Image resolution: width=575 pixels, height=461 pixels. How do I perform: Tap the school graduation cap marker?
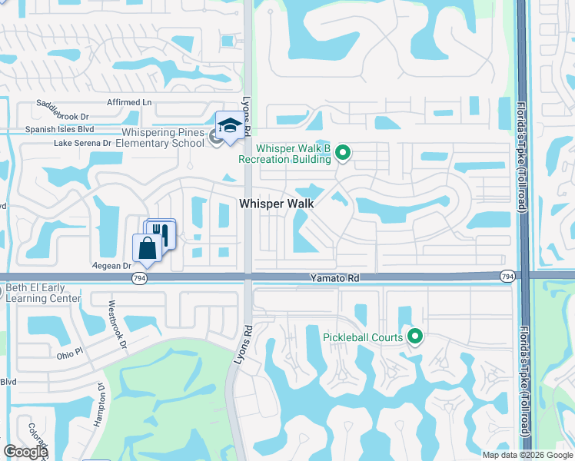pyautogui.click(x=229, y=125)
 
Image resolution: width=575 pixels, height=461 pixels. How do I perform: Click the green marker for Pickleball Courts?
pyautogui.click(x=415, y=337)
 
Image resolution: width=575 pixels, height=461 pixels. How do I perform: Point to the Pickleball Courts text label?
pyautogui.click(x=363, y=337)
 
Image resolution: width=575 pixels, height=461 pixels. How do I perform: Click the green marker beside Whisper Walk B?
pyautogui.click(x=344, y=154)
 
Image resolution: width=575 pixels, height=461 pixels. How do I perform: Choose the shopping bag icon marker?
pyautogui.click(x=146, y=247)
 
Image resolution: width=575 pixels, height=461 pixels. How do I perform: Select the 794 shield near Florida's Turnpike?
pyautogui.click(x=507, y=276)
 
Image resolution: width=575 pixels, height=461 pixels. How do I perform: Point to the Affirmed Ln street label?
pyautogui.click(x=128, y=102)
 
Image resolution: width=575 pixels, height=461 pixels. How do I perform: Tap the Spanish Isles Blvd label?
pyautogui.click(x=60, y=130)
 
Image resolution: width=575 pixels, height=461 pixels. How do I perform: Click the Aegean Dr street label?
pyautogui.click(x=111, y=265)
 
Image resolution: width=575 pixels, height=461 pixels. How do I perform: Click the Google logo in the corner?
pyautogui.click(x=25, y=452)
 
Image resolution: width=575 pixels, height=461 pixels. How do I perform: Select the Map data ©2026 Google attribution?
pyautogui.click(x=527, y=455)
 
